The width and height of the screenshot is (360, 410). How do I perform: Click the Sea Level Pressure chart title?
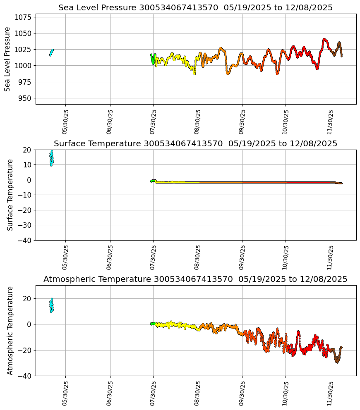195,8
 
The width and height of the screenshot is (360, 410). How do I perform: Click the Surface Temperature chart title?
195,144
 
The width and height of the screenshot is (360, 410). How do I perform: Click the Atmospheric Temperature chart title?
195,279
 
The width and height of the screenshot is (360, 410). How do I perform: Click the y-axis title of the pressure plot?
7,59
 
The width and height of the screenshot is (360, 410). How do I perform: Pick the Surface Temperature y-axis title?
10,195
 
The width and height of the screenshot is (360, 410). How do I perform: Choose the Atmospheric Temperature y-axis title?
10,330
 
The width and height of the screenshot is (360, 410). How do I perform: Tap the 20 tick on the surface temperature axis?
27,150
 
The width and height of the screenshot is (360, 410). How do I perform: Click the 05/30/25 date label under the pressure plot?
65,122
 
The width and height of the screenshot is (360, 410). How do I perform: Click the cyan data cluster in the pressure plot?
51,52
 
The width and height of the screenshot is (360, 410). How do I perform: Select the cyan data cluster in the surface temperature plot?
51,158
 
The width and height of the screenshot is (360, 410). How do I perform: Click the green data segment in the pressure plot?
153,59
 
